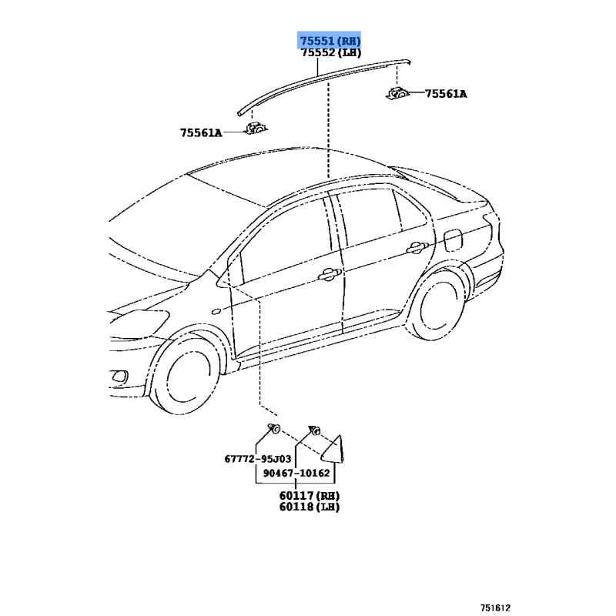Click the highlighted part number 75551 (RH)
click(x=330, y=41)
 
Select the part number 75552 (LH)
click(x=331, y=52)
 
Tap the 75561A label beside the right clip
click(x=446, y=94)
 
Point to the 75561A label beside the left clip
click(x=201, y=133)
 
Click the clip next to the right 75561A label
click(x=397, y=93)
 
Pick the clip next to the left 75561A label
click(x=256, y=128)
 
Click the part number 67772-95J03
click(x=258, y=459)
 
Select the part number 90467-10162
click(x=296, y=473)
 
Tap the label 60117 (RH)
click(x=310, y=496)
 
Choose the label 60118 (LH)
click(x=310, y=507)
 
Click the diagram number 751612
click(x=495, y=608)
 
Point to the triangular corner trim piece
click(x=333, y=450)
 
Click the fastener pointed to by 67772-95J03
click(x=274, y=428)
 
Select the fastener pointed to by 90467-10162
click(x=315, y=430)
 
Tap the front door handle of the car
click(x=330, y=274)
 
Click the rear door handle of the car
click(x=417, y=248)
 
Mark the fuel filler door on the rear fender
click(x=453, y=239)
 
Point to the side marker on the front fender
click(x=216, y=312)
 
